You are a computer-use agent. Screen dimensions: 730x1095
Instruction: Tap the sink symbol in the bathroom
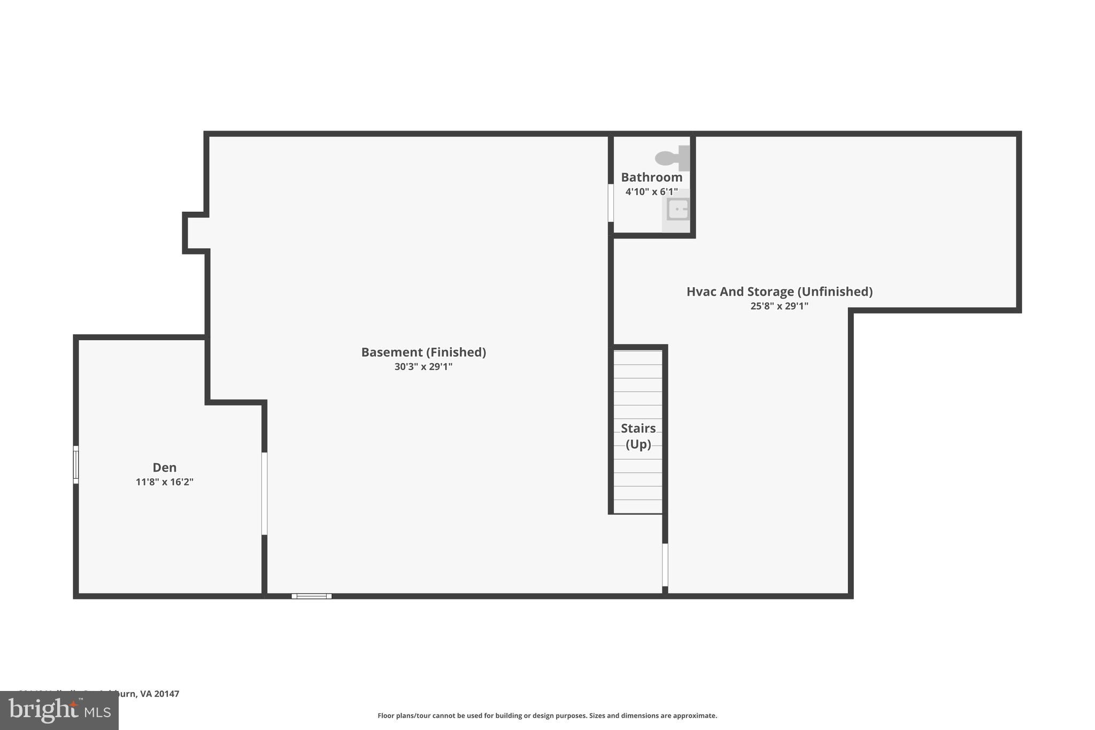[x=677, y=209]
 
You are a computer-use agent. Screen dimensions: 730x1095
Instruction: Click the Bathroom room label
[x=651, y=177]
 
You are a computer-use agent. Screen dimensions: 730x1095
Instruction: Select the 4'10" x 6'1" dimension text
[x=651, y=191]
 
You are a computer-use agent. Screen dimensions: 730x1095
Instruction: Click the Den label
[x=164, y=467]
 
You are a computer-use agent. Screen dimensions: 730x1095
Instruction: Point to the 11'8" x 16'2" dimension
[x=164, y=482]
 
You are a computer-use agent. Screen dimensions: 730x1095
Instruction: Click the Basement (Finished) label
[x=423, y=352]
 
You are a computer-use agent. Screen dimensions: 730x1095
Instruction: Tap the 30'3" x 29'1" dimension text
[x=423, y=367]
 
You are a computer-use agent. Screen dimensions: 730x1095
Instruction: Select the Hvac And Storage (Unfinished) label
[x=779, y=291]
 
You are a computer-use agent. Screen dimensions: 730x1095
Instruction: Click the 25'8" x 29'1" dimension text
[x=779, y=306]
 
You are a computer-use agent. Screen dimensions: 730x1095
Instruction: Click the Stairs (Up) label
[x=638, y=436]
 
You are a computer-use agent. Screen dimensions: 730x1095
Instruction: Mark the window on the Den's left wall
[x=76, y=465]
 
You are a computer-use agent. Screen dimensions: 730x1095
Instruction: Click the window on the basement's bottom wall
[x=312, y=596]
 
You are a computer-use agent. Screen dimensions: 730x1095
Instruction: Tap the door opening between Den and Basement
[x=264, y=493]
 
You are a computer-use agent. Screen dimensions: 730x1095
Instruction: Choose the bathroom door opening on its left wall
[x=611, y=203]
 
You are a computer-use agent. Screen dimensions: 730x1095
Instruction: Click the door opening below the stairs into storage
[x=665, y=565]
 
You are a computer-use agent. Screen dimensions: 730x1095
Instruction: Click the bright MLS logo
[x=59, y=711]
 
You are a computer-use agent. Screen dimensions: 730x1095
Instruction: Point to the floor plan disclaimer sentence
[x=547, y=716]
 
